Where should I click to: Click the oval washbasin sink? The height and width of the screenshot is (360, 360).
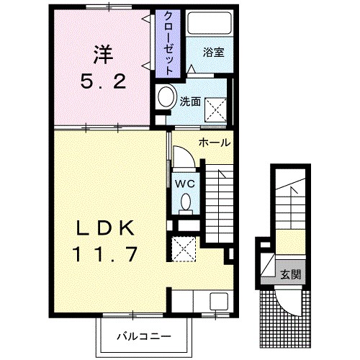[166, 96]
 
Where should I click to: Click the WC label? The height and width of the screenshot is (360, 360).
[184, 183]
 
